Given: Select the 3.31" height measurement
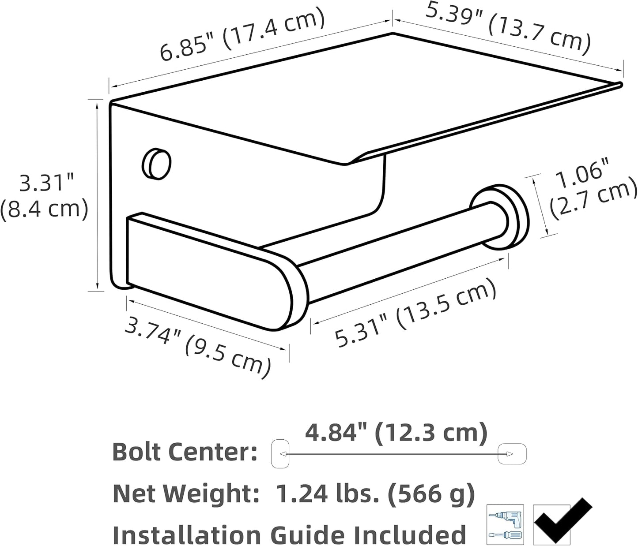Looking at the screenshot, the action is point(47,183).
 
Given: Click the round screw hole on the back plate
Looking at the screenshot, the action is point(156,164).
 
